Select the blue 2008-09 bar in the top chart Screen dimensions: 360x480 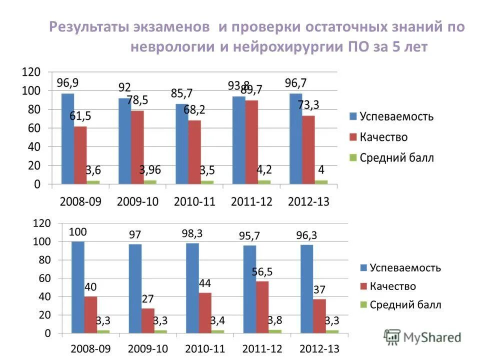[x=67, y=138]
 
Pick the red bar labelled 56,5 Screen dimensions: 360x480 [x=262, y=306]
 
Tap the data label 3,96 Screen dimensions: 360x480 [x=150, y=169]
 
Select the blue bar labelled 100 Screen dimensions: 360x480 [x=78, y=287]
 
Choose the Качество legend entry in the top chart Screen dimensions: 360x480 [x=377, y=137]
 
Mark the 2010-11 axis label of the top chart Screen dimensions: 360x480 [x=195, y=201]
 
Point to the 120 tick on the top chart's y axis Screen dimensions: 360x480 [x=30, y=72]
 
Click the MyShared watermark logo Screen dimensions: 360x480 [x=423, y=337]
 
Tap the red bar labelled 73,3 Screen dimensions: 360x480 [x=308, y=149]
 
